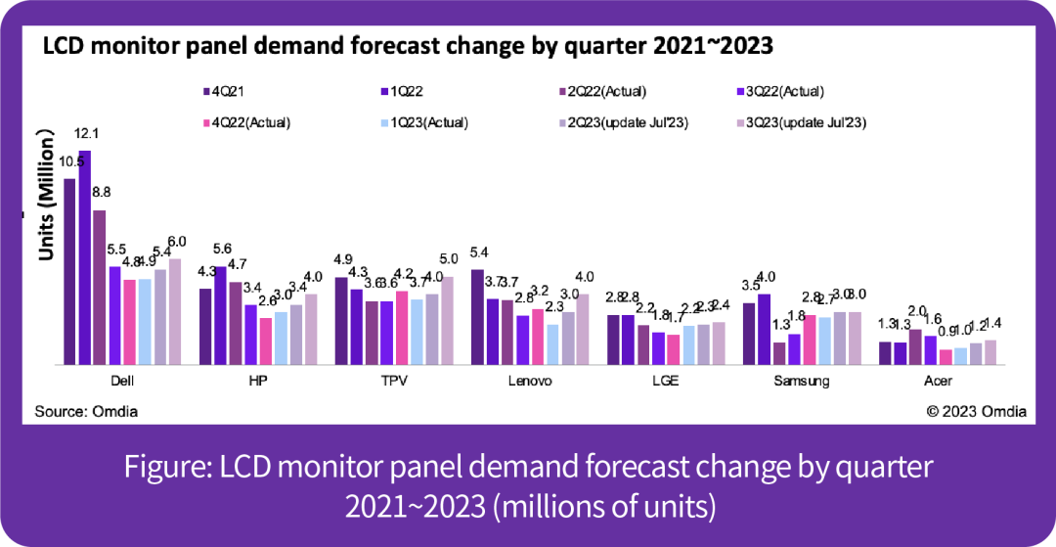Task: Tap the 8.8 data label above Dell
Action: (x=101, y=193)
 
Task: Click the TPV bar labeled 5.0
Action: (x=448, y=320)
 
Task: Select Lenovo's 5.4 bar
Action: (x=477, y=316)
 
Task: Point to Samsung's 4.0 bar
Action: (x=765, y=329)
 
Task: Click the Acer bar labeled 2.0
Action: (x=915, y=346)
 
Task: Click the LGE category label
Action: (x=668, y=381)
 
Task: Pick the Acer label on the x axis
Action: (x=938, y=381)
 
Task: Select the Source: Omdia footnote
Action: (x=86, y=412)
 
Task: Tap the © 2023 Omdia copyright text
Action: (x=976, y=412)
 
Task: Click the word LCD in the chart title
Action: (x=61, y=47)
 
